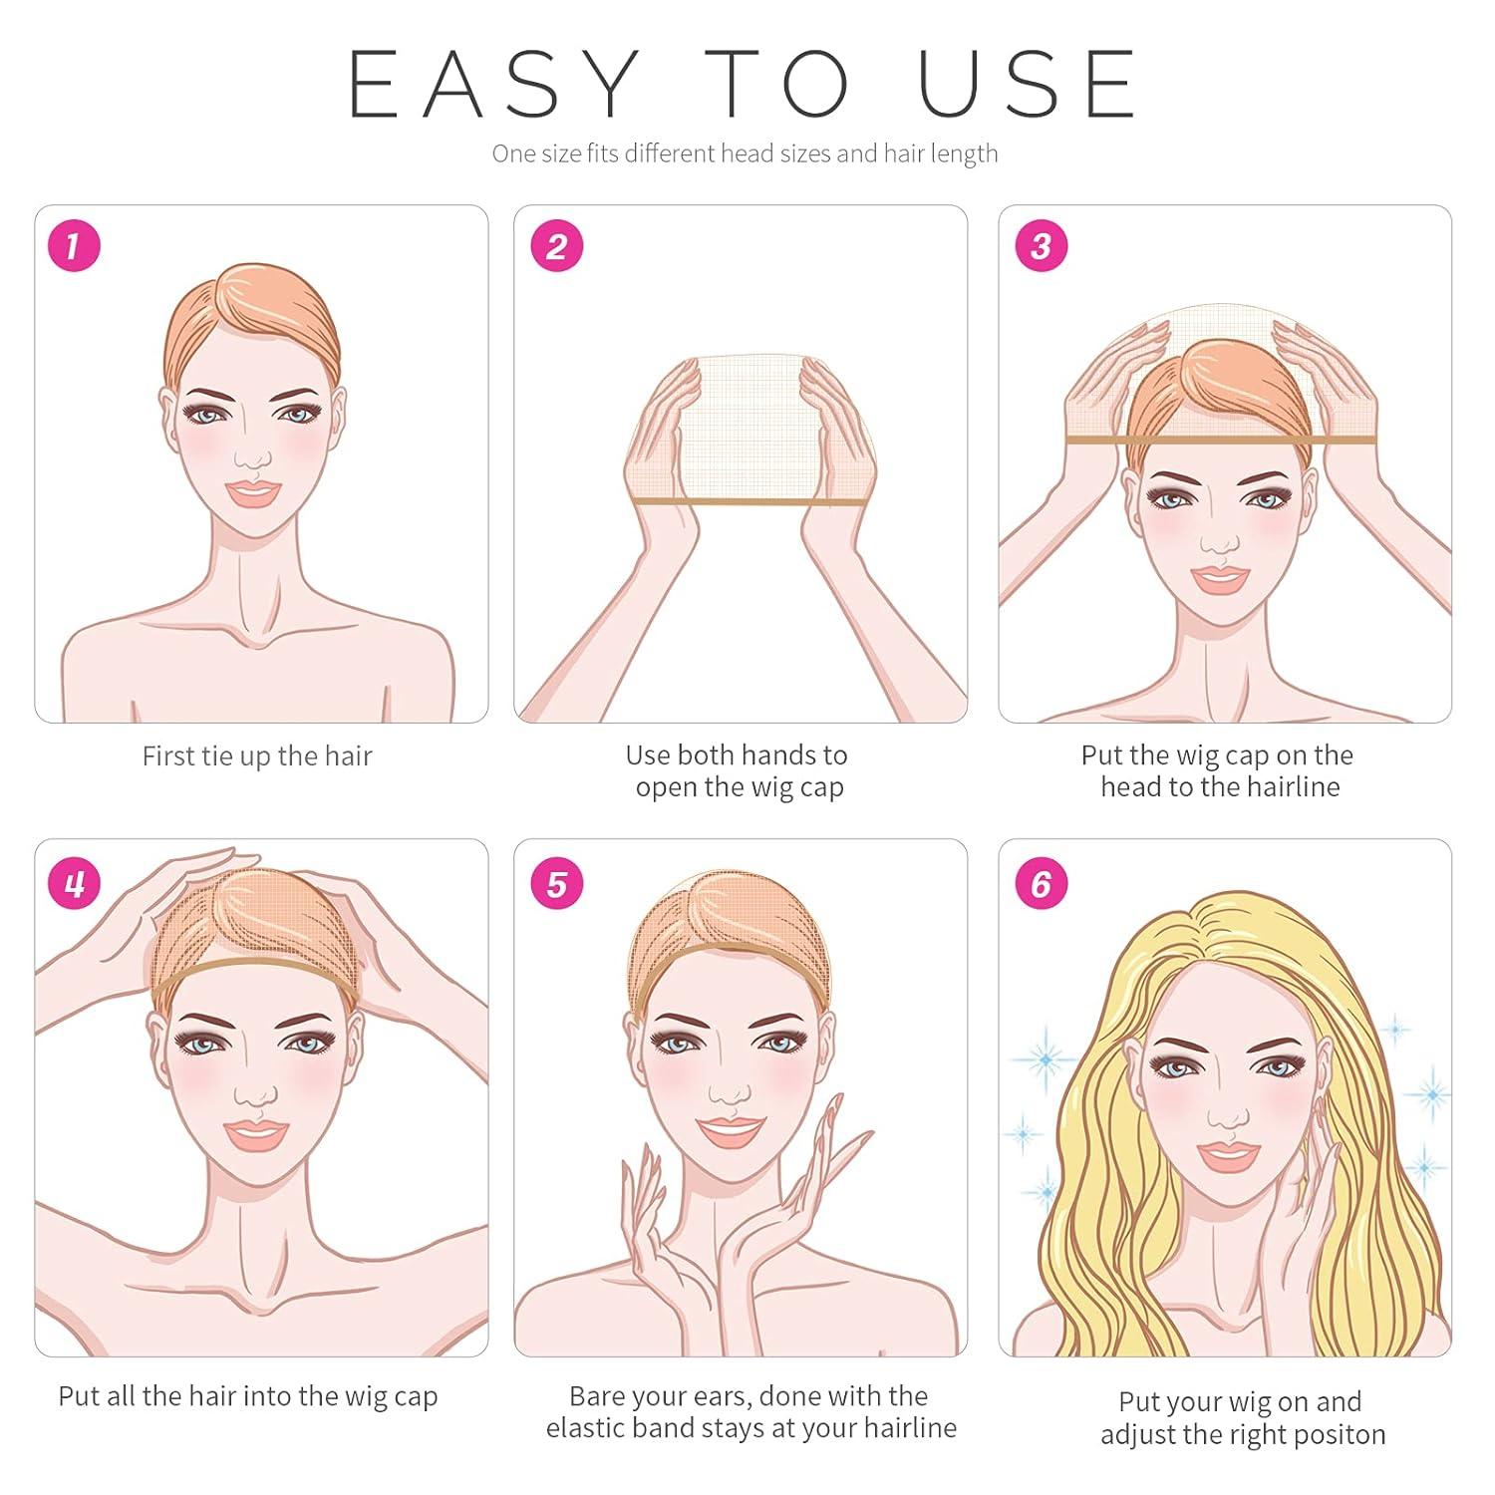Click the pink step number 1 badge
(x=75, y=245)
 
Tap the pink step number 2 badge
(x=556, y=245)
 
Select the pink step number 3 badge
(x=1041, y=245)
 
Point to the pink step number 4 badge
(x=75, y=883)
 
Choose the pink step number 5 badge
(x=556, y=883)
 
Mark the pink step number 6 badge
(x=1041, y=883)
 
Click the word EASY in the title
(x=493, y=85)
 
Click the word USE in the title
(x=1027, y=85)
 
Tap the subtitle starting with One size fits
(x=745, y=153)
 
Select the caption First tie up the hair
(x=257, y=756)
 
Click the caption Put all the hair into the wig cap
(x=248, y=1396)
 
